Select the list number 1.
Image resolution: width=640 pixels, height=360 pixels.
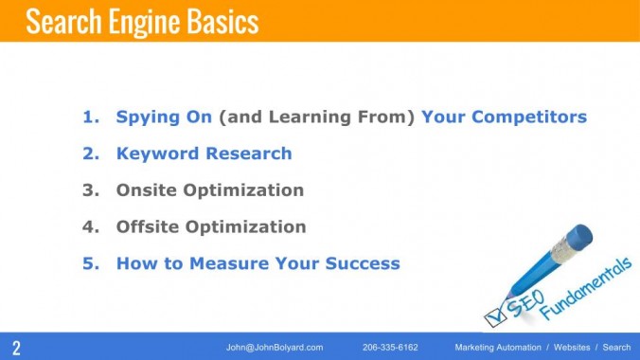tap(90, 117)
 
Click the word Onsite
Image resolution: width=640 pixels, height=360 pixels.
tap(148, 190)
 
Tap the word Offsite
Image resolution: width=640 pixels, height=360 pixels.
tap(149, 226)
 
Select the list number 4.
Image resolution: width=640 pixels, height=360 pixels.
tap(90, 226)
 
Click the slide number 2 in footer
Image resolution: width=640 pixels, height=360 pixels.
tap(16, 347)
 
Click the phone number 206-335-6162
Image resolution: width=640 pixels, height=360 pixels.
tap(390, 348)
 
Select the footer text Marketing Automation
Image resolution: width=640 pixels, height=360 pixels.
tap(500, 348)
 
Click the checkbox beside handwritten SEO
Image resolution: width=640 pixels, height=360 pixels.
tap(495, 313)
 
